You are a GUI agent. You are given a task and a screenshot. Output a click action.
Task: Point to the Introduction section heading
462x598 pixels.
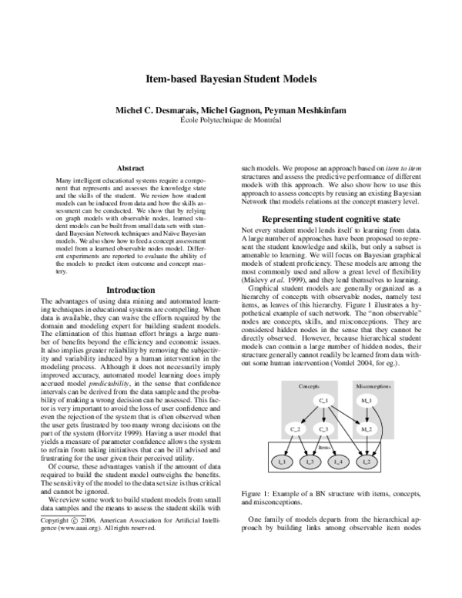[129, 290]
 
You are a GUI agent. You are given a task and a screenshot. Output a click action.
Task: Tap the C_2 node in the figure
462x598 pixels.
[296, 428]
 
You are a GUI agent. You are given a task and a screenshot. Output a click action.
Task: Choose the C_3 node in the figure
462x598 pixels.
[323, 428]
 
